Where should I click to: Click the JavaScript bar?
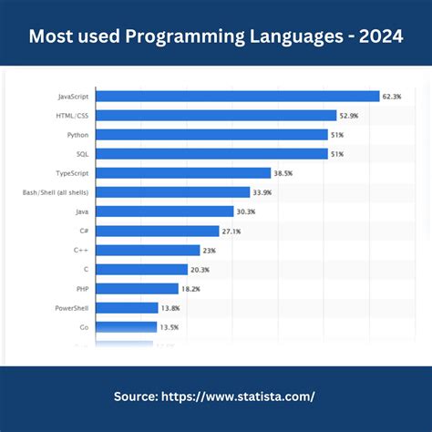237,96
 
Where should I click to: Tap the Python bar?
211,134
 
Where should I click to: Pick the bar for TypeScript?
183,172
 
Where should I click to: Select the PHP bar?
137,288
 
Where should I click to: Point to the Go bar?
127,326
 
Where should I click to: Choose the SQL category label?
82,153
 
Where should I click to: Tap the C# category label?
82,231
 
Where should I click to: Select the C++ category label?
81,250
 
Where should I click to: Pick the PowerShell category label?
69,307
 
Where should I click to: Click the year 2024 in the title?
377,36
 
